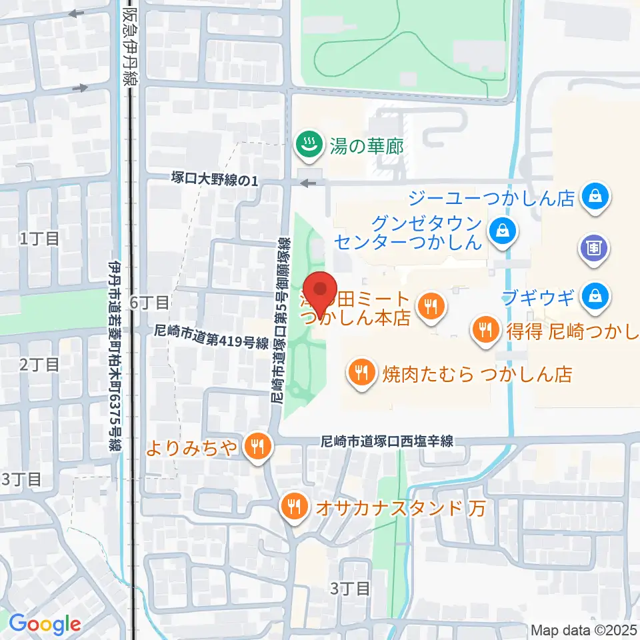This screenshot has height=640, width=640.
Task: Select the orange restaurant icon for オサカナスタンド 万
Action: (x=293, y=509)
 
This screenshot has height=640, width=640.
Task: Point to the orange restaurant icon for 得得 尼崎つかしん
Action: (x=485, y=329)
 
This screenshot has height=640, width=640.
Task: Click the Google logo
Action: (x=45, y=624)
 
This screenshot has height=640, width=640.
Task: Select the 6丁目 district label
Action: (x=150, y=303)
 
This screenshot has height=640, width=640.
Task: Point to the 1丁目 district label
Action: (x=40, y=238)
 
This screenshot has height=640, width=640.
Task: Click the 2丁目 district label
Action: (x=40, y=364)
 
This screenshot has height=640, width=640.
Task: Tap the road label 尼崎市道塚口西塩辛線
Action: (x=387, y=441)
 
